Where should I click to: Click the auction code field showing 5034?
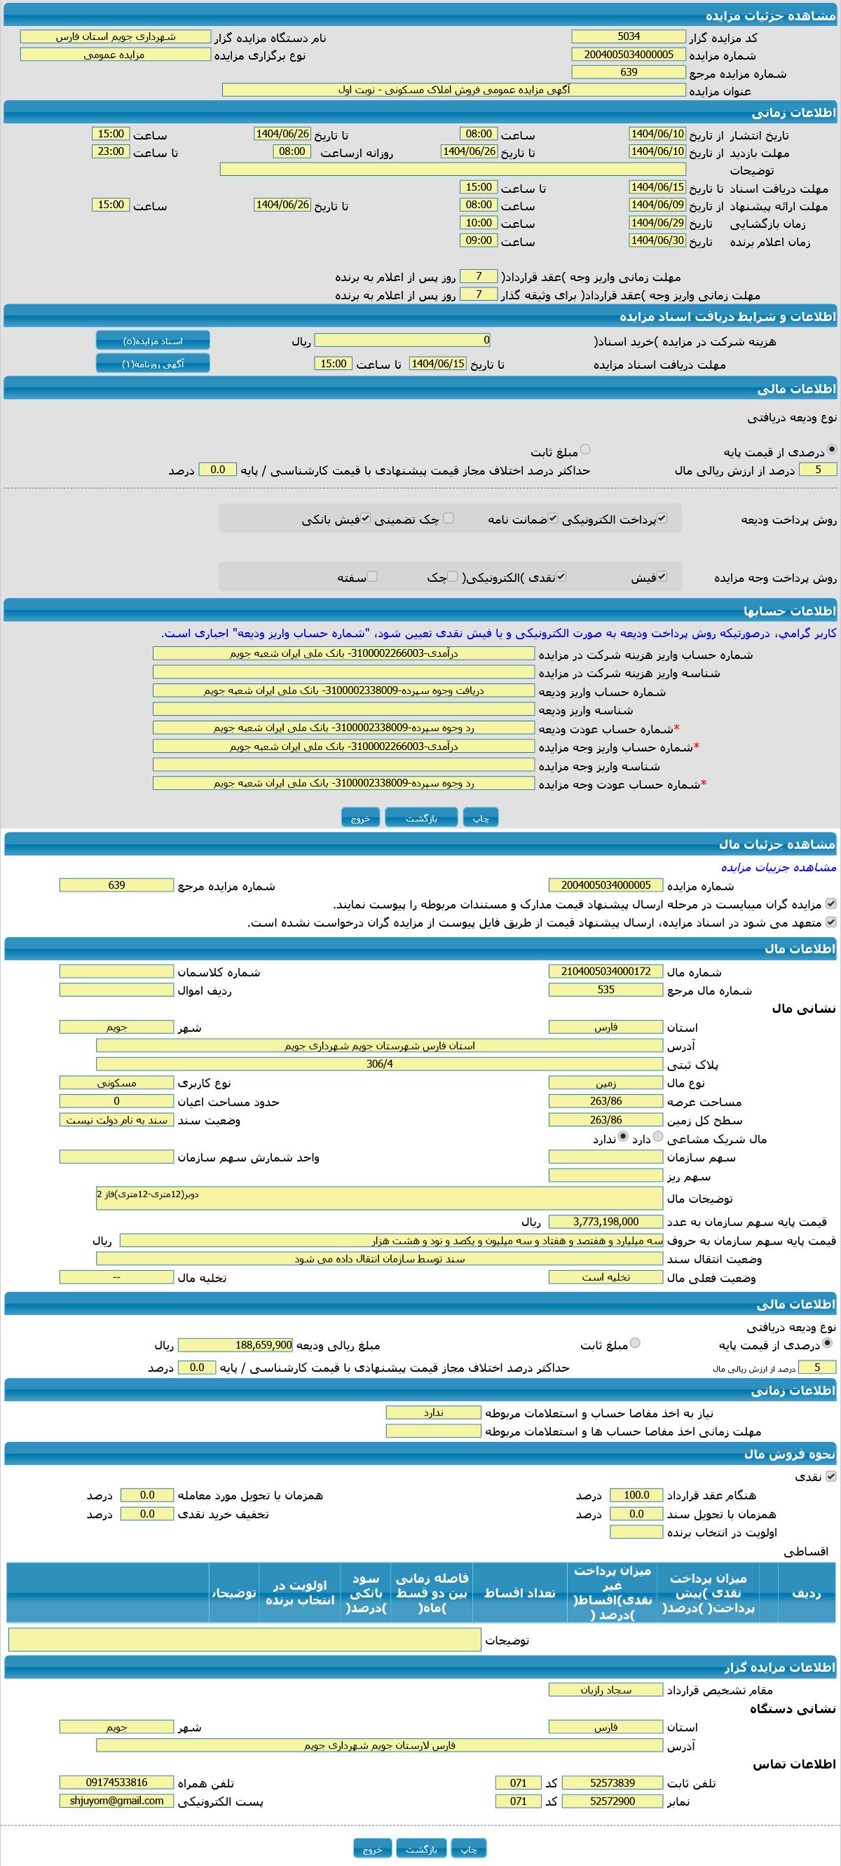628,36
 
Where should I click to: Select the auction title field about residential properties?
453,90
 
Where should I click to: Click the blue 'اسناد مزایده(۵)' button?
153,341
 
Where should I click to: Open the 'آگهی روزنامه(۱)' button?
153,364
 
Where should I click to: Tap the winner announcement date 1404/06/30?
657,240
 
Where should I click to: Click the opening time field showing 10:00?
479,223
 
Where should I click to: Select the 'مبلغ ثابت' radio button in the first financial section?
585,450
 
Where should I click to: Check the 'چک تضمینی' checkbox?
449,518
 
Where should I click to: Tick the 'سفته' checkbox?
372,577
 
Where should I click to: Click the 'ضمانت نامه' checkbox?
553,518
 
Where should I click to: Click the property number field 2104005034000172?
606,972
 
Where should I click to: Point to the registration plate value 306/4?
380,1064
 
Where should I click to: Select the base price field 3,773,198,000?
606,1222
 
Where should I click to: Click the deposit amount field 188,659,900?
235,1345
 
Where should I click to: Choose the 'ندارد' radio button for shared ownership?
623,1137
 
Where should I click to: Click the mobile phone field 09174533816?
116,1783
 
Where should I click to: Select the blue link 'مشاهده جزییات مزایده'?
778,867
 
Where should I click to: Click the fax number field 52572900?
612,1801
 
